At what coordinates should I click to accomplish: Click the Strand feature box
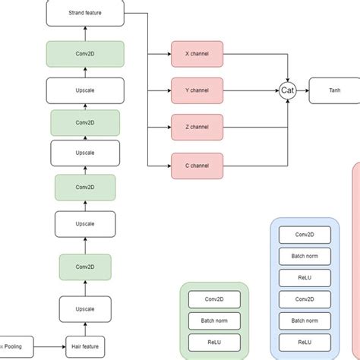pos(85,13)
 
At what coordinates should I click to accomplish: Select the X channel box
pos(197,55)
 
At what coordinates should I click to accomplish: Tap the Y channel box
pos(197,90)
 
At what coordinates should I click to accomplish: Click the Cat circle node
pos(288,90)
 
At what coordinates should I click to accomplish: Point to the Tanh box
pos(334,90)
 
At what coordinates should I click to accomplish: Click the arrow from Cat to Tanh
pos(302,90)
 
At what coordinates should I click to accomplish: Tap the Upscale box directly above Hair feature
pos(85,308)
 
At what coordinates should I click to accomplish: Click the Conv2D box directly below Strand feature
pos(85,54)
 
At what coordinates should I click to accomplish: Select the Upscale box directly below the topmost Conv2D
pos(85,90)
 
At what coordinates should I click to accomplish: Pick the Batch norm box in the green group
pos(214,321)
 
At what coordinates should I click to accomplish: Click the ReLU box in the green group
pos(214,342)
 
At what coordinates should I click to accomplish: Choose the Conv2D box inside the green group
pos(214,299)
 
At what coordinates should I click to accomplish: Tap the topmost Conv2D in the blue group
pos(305,235)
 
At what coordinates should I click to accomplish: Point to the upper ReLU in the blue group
pos(305,277)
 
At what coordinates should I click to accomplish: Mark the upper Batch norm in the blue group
pos(305,256)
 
